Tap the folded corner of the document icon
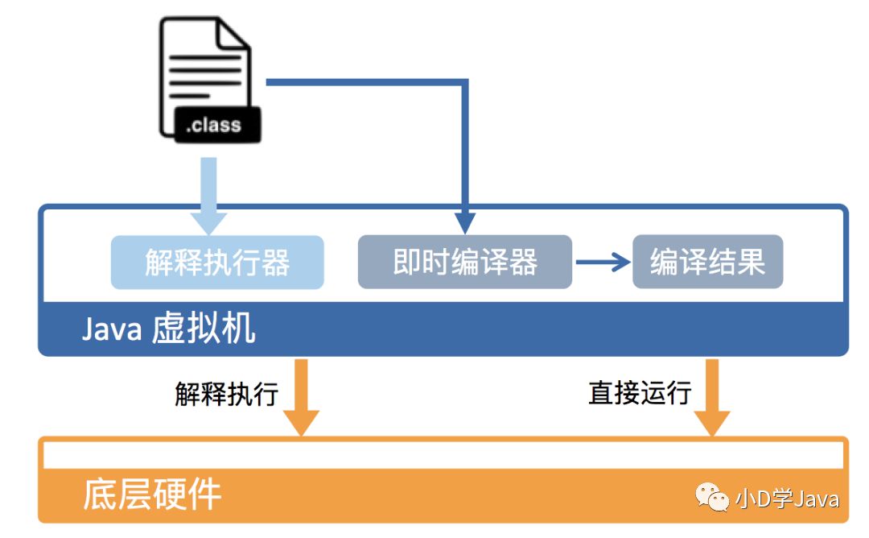coord(233,35)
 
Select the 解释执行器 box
coord(217,263)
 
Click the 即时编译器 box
coord(465,262)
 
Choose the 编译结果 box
coord(708,262)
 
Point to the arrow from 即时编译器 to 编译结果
coord(603,262)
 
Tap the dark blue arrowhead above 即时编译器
coord(465,223)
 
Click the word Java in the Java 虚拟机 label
coord(112,329)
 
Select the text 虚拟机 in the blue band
coord(204,328)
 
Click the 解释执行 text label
coord(226,394)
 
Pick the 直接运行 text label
coord(640,393)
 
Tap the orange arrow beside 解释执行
coord(302,397)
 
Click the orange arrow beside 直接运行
coord(712,397)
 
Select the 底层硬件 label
coord(152,495)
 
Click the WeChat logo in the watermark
coord(712,496)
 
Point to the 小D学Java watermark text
coord(787,499)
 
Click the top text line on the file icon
coord(205,57)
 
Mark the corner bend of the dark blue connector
coord(466,82)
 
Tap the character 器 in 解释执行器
coord(275,263)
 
